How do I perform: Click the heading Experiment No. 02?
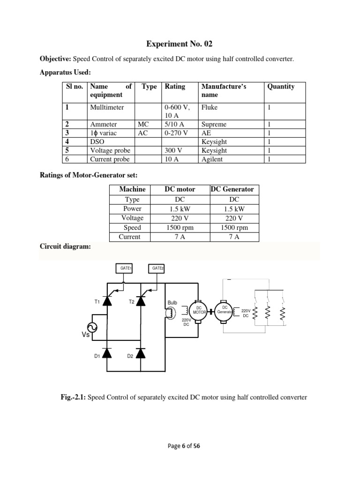(180, 44)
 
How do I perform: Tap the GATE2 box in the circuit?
(156, 268)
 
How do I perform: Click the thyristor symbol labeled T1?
(107, 301)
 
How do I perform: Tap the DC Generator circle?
(225, 310)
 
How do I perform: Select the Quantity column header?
(281, 87)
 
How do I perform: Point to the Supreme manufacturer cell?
(214, 125)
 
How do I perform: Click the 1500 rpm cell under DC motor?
(180, 228)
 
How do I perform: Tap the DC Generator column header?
(232, 189)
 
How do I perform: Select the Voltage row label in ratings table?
(132, 218)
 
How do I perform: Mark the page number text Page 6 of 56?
(180, 446)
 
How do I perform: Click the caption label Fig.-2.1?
(70, 397)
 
